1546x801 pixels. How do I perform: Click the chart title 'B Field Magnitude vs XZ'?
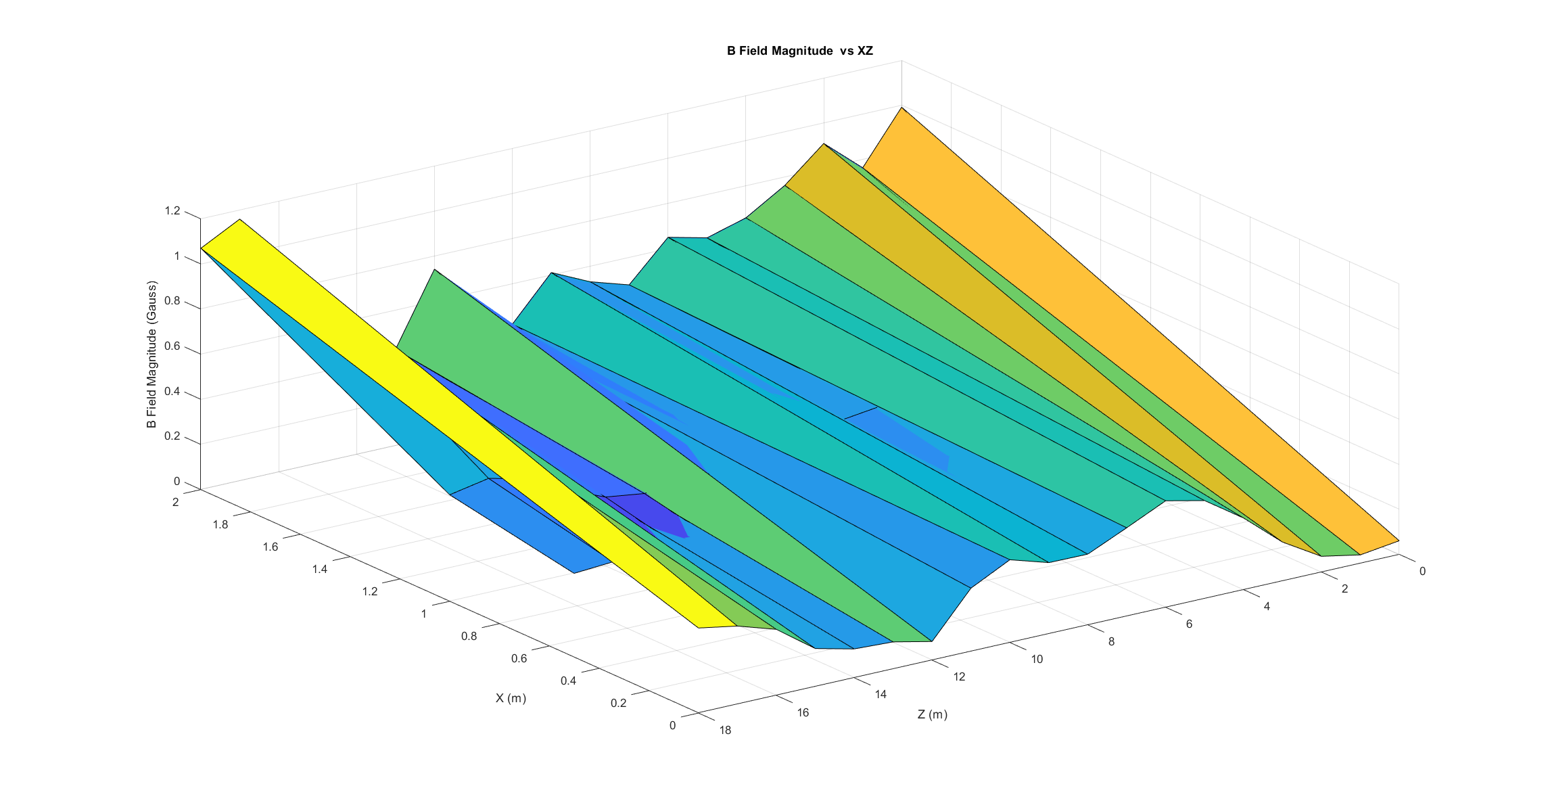click(x=799, y=51)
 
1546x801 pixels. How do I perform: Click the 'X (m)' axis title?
click(x=511, y=698)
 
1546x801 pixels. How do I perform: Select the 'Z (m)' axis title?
click(x=932, y=714)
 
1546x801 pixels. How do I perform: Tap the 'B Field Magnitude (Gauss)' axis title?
click(x=151, y=354)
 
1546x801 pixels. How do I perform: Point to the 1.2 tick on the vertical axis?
click(x=172, y=211)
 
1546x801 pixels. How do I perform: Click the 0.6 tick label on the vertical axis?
click(x=172, y=346)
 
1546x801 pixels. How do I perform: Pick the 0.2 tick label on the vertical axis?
click(x=172, y=436)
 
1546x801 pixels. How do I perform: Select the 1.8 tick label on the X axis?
click(x=220, y=524)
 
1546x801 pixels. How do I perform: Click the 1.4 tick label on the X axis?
click(x=320, y=569)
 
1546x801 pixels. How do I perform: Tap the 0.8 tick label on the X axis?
click(x=469, y=636)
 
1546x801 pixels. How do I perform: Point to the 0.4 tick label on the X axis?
click(x=568, y=681)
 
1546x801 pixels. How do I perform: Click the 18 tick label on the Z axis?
click(x=725, y=730)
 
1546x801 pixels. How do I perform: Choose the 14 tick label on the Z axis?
click(x=881, y=694)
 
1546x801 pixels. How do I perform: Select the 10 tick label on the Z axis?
click(x=1037, y=659)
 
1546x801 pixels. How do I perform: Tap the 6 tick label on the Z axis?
click(x=1189, y=624)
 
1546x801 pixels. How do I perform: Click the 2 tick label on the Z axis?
click(x=1344, y=589)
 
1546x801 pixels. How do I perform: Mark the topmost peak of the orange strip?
click(x=901, y=108)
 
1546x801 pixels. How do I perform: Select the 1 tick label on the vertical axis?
click(x=177, y=256)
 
